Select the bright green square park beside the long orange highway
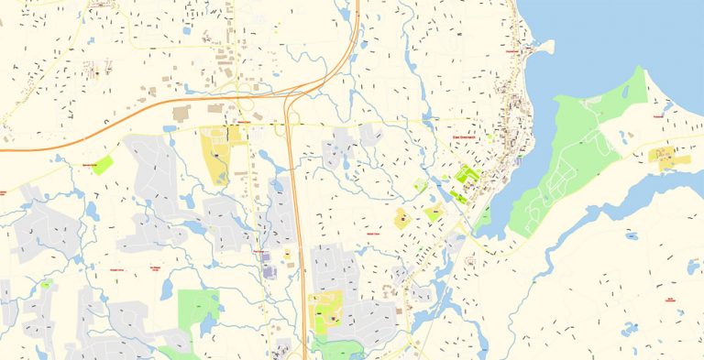tap(103, 166)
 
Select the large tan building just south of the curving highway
tap(181, 112)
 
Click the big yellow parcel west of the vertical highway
tap(217, 160)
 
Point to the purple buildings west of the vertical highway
tap(270, 270)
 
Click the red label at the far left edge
tap(3, 192)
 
